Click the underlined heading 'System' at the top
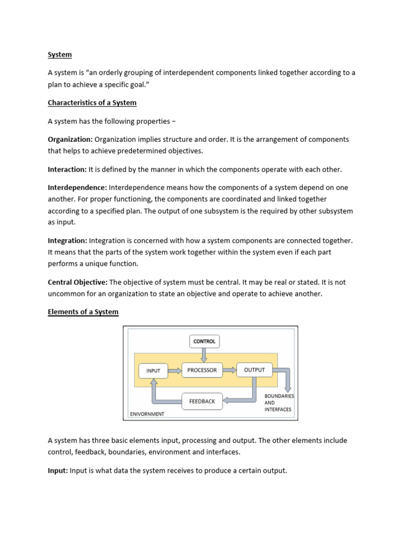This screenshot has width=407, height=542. point(59,55)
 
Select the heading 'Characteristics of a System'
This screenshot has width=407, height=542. point(92,102)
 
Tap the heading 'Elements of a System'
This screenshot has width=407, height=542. point(83,312)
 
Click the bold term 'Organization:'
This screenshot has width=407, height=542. point(70,139)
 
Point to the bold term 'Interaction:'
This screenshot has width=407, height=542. point(67,169)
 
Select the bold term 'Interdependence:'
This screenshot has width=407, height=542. point(77,187)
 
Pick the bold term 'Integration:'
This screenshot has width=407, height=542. point(67,240)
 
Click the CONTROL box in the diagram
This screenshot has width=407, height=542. point(204,341)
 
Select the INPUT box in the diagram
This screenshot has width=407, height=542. point(153,371)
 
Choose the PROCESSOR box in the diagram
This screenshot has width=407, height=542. point(202,370)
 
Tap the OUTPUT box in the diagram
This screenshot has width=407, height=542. point(254,369)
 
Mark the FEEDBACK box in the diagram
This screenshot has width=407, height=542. point(202,401)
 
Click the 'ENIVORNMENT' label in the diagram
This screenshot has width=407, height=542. point(147,414)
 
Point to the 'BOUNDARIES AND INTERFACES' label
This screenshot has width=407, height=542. point(278,402)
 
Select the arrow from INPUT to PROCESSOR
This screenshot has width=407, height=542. point(174,371)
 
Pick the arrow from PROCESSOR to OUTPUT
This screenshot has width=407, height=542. point(229,370)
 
